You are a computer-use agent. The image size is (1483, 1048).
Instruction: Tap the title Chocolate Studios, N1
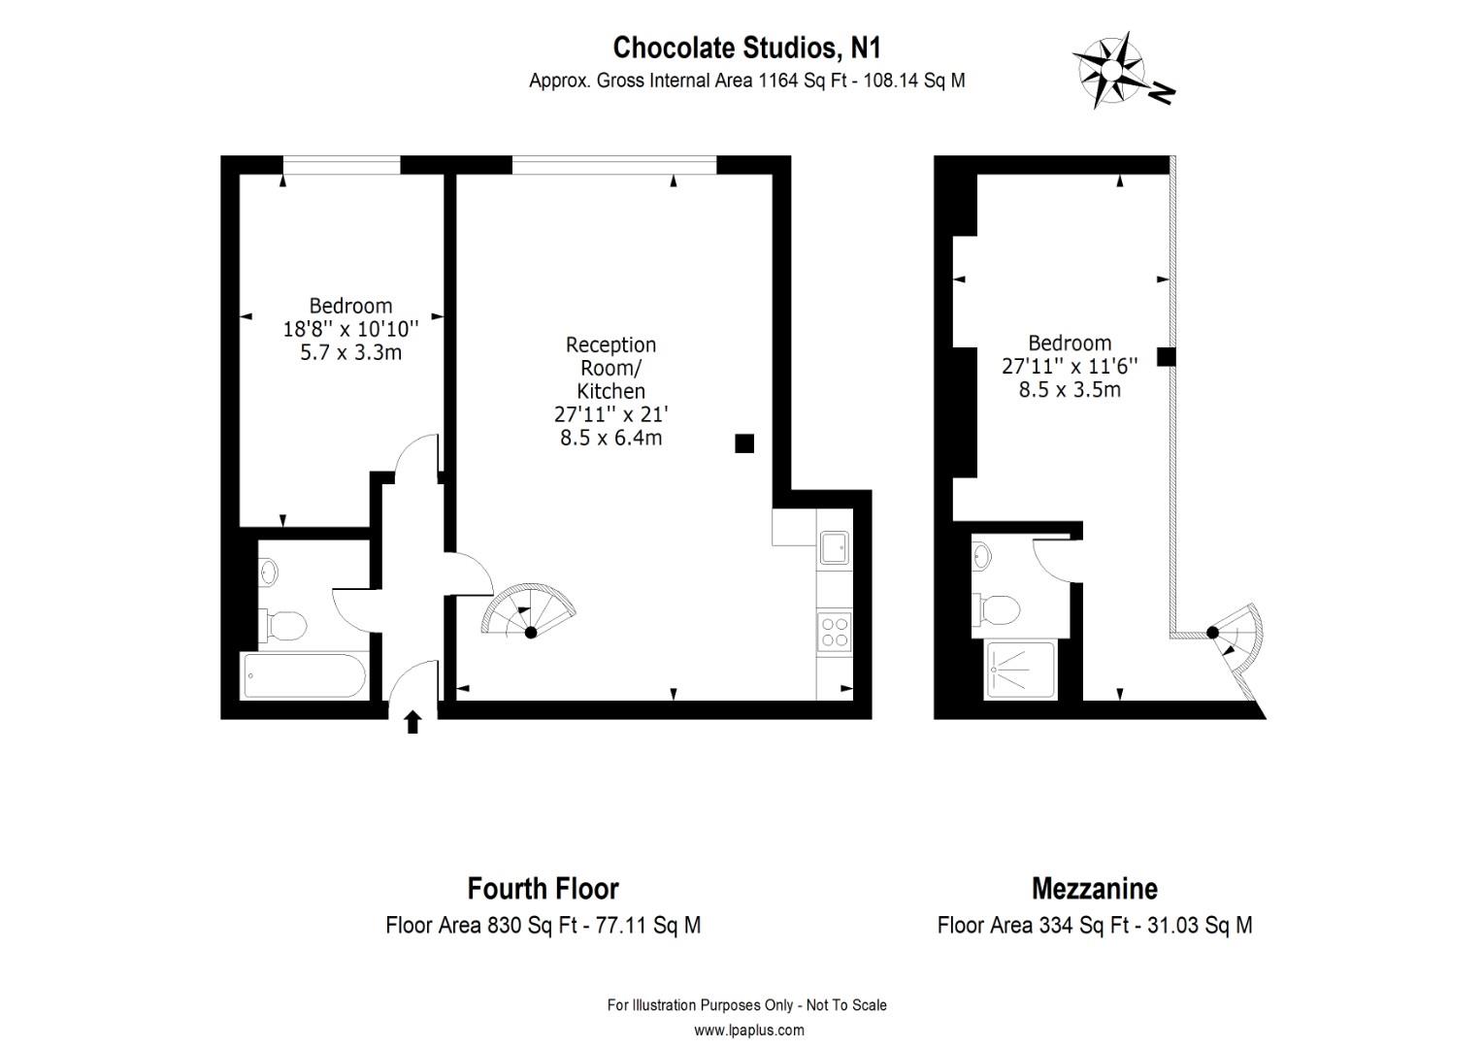tap(746, 48)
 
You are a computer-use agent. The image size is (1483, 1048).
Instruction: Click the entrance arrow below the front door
tap(413, 722)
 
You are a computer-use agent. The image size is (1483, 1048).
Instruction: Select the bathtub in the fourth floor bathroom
tap(305, 675)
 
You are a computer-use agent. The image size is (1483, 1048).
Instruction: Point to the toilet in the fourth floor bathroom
tap(285, 625)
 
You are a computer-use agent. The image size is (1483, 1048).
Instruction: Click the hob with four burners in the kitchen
tap(835, 632)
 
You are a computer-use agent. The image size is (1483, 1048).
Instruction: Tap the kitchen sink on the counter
tap(835, 547)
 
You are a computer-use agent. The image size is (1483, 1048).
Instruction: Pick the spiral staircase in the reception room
tap(528, 611)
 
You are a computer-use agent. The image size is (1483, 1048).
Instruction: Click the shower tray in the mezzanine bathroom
tap(1020, 670)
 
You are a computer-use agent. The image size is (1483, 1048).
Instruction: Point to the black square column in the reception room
tap(744, 443)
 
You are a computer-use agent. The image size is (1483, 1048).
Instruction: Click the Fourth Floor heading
tap(543, 889)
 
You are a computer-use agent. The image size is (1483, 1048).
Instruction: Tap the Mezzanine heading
tap(1095, 889)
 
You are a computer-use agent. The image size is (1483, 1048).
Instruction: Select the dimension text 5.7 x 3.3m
tap(351, 352)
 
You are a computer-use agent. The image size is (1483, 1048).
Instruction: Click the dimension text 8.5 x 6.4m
tap(611, 438)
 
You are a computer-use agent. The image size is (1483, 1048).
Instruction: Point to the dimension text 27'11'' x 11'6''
tap(1070, 366)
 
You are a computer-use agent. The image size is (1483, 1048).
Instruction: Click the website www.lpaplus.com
tap(749, 1031)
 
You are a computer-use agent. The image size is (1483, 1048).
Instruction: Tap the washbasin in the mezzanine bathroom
tap(981, 556)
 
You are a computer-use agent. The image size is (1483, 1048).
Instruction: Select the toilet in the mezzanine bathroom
tap(996, 609)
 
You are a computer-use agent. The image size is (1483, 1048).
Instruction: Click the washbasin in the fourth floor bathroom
tap(268, 572)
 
